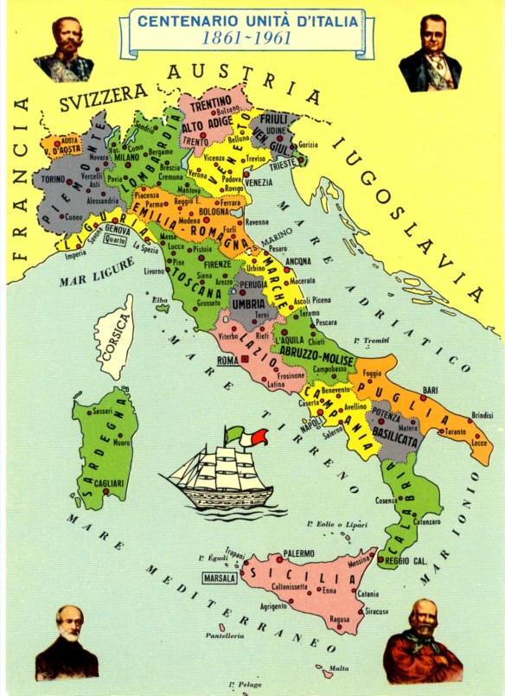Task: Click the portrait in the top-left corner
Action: pos(63,49)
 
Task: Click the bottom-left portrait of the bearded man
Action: pos(67,642)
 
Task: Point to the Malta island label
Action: pos(340,667)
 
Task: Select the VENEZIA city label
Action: pos(259,182)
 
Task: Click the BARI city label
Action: pos(430,391)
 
